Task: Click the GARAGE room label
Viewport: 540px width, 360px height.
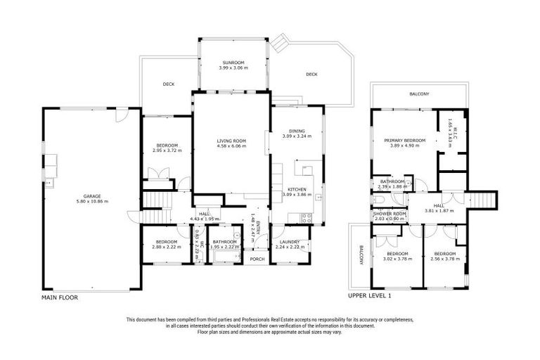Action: click(91, 196)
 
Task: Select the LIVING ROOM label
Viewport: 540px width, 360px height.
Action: click(231, 141)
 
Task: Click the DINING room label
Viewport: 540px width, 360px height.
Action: click(297, 131)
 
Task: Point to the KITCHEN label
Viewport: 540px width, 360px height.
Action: click(297, 189)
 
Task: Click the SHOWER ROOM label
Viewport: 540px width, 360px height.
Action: click(390, 214)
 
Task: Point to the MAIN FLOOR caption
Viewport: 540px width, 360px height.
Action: click(60, 297)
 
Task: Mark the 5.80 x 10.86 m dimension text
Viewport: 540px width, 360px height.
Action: click(91, 202)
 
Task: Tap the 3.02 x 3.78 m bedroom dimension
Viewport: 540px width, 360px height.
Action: click(397, 258)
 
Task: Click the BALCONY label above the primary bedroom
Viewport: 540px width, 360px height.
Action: click(419, 94)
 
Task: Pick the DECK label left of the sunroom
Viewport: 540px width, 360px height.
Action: click(169, 84)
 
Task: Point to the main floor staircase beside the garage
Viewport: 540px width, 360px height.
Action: click(158, 202)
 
